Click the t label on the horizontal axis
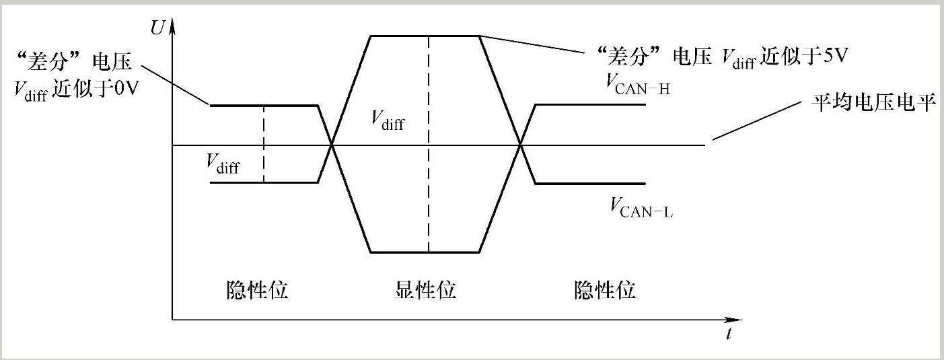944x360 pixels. (x=729, y=334)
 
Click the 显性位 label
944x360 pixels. (x=425, y=291)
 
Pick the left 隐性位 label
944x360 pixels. (x=256, y=291)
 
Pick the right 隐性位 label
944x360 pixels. (x=605, y=291)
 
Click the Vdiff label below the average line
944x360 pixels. (x=223, y=164)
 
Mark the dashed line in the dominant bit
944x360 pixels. (x=429, y=168)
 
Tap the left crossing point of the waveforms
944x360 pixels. (x=332, y=144)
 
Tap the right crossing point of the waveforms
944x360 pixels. (x=521, y=144)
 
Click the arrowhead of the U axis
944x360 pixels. (x=173, y=25)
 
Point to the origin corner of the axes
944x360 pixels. (x=173, y=320)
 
